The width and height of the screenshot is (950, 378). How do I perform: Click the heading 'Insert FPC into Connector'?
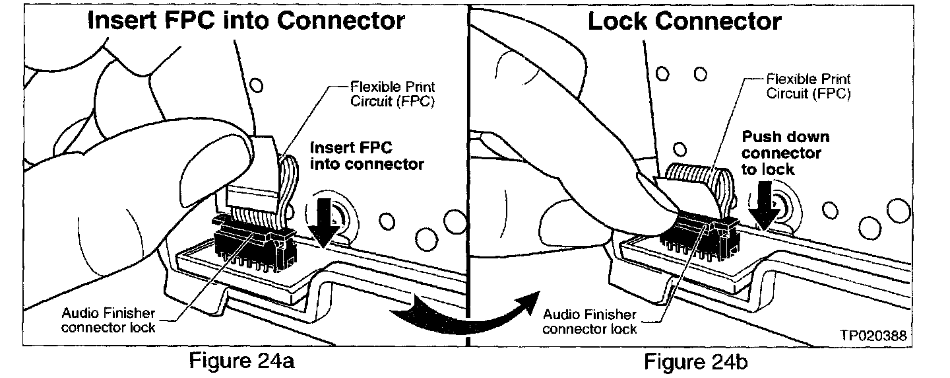tap(246, 20)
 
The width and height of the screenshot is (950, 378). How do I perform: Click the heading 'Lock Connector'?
tap(685, 20)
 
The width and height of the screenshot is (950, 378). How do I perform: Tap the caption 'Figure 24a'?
tap(241, 361)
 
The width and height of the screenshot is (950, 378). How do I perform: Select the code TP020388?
tap(873, 336)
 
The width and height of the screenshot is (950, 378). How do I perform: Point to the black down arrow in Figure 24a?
tap(324, 221)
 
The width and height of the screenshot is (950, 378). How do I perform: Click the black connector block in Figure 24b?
tap(700, 238)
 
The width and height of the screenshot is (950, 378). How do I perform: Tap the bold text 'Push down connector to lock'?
tap(785, 153)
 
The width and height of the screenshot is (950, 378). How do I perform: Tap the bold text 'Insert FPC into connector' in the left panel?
tap(367, 156)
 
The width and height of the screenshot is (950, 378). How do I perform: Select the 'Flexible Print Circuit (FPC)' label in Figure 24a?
tap(393, 94)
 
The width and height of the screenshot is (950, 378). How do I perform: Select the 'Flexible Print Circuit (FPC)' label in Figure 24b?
tap(808, 86)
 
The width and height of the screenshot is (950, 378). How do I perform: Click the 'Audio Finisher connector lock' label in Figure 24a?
tap(108, 321)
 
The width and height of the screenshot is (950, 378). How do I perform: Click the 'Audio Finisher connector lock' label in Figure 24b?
tap(590, 322)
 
